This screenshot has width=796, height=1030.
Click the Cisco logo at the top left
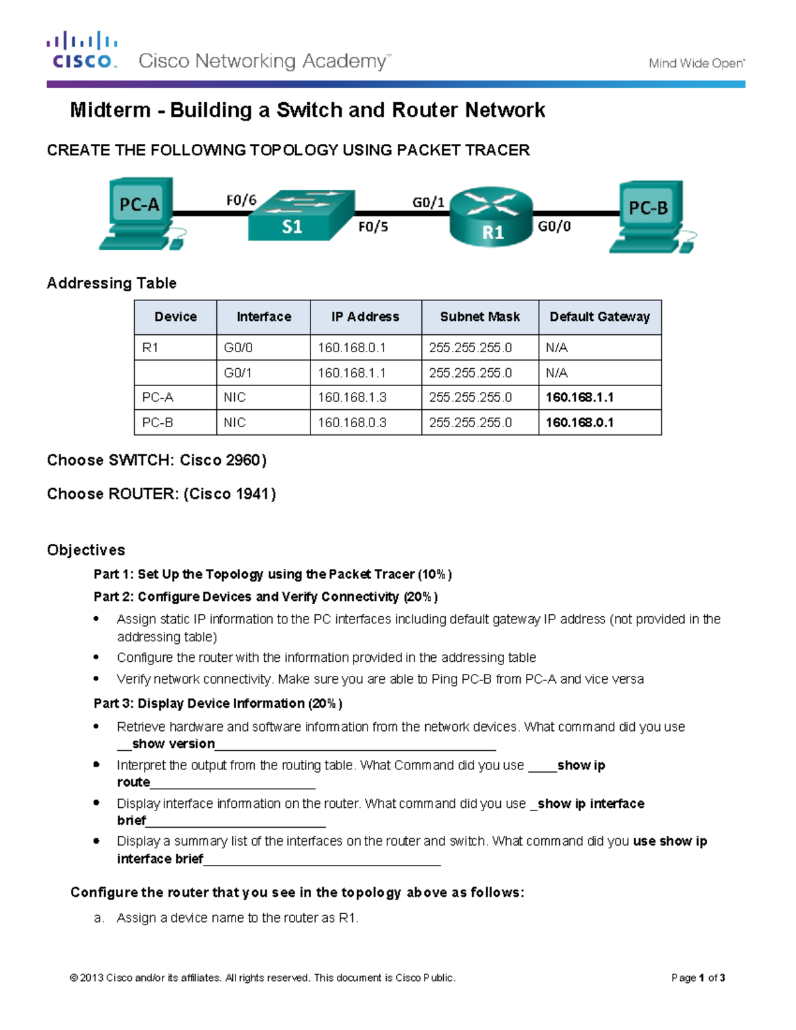(x=82, y=50)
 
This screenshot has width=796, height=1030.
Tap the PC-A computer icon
(x=141, y=212)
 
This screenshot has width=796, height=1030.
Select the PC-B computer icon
(x=650, y=216)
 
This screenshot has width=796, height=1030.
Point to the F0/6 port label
(x=241, y=200)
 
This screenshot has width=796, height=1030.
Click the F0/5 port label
(x=373, y=227)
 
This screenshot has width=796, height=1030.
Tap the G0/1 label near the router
(x=429, y=202)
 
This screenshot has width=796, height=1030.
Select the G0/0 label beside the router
(x=554, y=226)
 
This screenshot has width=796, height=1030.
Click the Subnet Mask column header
(x=480, y=317)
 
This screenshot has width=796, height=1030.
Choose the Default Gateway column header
(x=600, y=317)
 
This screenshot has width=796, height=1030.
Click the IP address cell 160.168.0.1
(x=352, y=348)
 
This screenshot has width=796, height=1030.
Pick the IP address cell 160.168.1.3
(x=352, y=397)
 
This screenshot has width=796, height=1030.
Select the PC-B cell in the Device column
(x=158, y=422)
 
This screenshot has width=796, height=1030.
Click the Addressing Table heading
(x=111, y=283)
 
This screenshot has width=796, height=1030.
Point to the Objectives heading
(x=86, y=550)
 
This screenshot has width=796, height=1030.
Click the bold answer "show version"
(x=173, y=743)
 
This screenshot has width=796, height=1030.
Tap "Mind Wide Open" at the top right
(x=696, y=64)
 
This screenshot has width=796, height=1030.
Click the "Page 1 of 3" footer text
(x=698, y=978)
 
